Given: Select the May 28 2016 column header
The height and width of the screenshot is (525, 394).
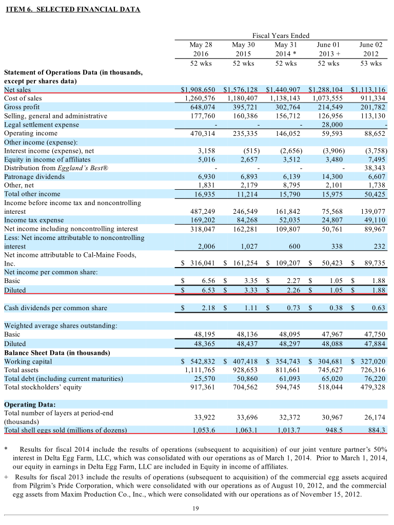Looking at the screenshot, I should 201,49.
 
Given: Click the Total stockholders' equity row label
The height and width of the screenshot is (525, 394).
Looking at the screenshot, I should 43,387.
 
